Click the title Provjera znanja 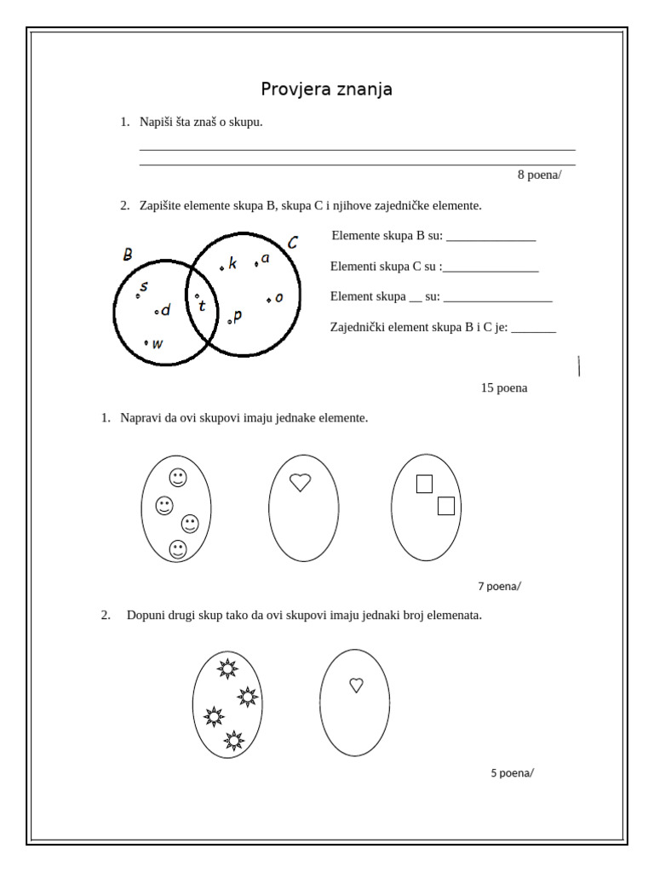(326, 89)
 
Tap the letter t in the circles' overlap (202, 306)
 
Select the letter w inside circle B (158, 344)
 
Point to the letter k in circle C (232, 264)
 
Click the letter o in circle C (278, 297)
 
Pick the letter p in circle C (237, 316)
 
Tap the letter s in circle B (144, 287)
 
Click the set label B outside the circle (128, 255)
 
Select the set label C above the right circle (292, 243)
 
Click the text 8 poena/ (539, 175)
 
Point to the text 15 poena (504, 387)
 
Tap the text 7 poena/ (499, 586)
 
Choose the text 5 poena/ (512, 773)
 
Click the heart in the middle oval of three (299, 482)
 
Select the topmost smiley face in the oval (177, 478)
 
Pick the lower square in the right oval (445, 506)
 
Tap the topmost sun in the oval (227, 668)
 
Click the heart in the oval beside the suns (356, 684)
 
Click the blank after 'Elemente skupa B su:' (490, 238)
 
